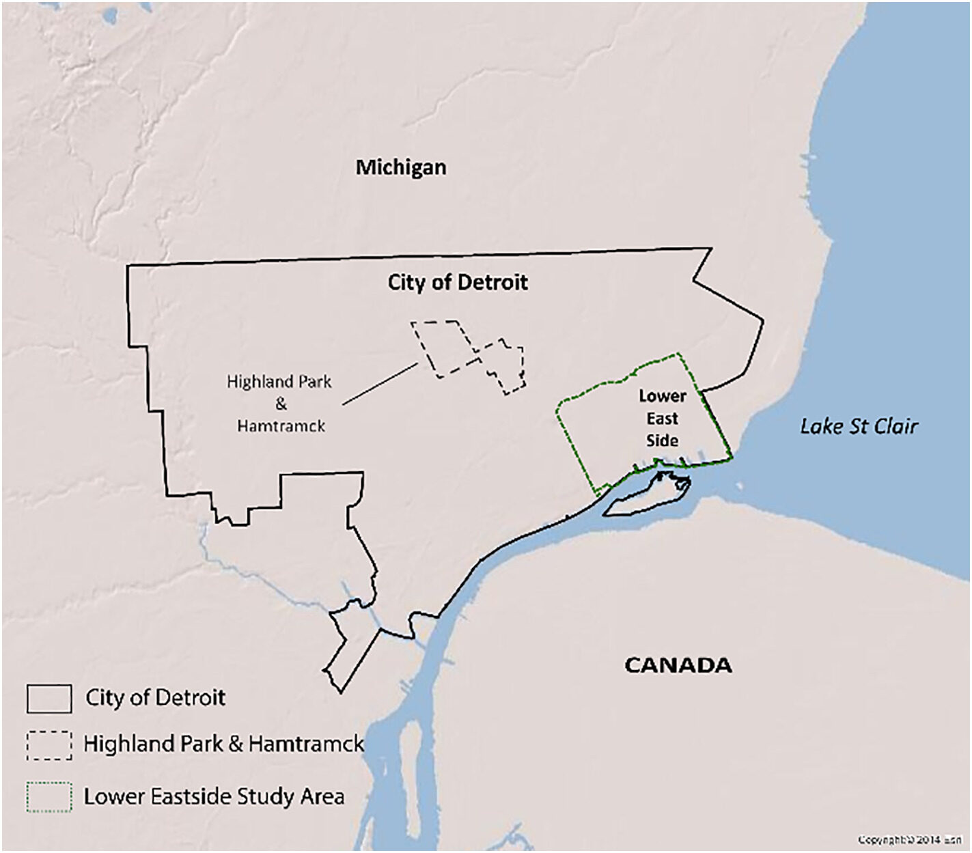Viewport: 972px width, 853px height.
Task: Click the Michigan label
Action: point(401,167)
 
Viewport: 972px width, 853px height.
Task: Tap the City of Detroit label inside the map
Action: point(458,282)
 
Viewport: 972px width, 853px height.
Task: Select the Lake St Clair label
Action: point(859,426)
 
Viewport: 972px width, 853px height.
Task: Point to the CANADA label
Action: point(678,665)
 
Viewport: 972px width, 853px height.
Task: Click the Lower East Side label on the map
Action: point(662,418)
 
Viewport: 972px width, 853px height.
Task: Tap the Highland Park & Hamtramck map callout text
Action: point(280,404)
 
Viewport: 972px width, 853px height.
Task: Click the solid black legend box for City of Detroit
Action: point(49,698)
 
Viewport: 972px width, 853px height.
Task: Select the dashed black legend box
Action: point(49,746)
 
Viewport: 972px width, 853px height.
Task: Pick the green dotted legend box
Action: point(49,796)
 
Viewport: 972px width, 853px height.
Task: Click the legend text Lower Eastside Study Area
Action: point(214,796)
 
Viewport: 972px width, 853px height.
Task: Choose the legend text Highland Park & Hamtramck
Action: point(224,744)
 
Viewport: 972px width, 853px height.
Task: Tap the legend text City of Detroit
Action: point(155,697)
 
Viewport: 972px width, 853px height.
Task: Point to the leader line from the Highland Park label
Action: point(380,384)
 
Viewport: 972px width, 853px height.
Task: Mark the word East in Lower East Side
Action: point(662,418)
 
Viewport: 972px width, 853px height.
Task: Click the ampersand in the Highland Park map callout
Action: point(281,404)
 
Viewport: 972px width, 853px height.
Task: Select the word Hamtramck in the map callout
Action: point(281,426)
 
